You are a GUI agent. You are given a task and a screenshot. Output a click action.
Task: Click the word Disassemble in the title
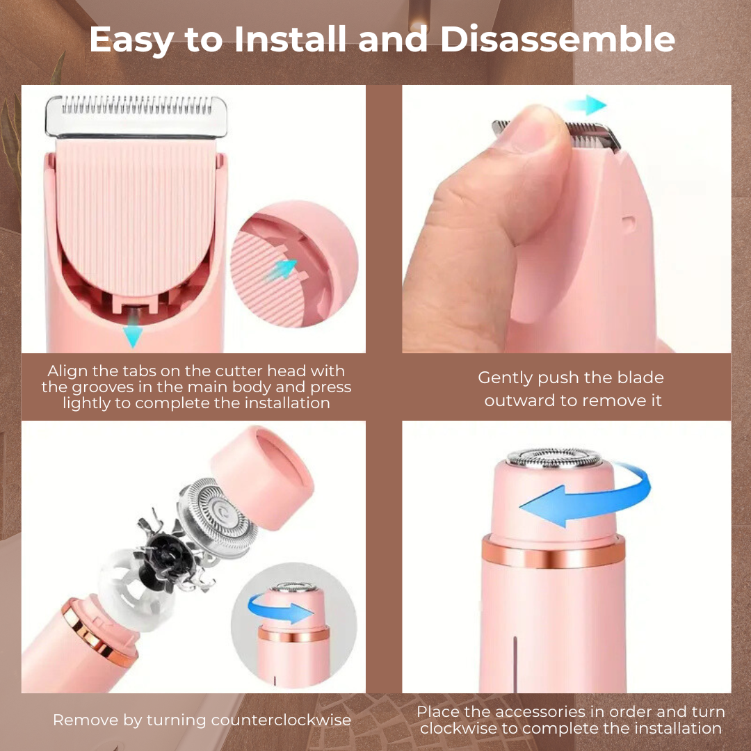click(558, 39)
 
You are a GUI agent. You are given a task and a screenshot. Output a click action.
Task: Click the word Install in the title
click(290, 39)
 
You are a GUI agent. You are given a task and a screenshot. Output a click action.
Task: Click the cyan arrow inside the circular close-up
click(282, 269)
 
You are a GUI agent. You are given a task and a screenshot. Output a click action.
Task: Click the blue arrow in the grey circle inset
click(280, 609)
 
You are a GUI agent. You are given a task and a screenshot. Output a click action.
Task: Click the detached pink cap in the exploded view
click(262, 477)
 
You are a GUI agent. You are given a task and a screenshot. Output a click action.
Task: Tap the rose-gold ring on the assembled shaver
click(554, 551)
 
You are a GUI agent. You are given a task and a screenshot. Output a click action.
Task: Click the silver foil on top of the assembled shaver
click(554, 458)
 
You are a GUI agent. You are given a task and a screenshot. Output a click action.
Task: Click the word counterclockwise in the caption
click(281, 720)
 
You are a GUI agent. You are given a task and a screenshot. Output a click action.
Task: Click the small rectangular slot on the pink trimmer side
click(629, 223)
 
